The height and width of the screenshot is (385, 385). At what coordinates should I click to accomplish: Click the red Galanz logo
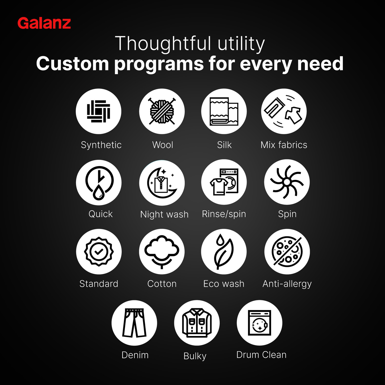[x=44, y=23]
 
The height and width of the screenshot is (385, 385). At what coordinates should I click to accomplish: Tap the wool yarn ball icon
[x=162, y=111]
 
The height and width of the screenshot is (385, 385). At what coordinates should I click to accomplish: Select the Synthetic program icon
[x=99, y=111]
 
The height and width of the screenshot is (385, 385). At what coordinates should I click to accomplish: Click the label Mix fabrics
[x=284, y=145]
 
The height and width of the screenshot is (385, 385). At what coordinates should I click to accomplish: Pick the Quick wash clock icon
[x=99, y=182]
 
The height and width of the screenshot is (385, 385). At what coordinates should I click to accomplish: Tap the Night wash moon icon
[x=162, y=183]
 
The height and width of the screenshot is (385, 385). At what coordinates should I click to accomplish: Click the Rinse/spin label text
[x=224, y=214]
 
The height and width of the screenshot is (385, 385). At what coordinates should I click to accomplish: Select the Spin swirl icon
[x=287, y=182]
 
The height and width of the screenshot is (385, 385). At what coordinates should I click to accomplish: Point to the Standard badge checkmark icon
[x=99, y=252]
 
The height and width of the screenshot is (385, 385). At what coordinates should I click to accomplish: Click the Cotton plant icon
[x=162, y=252]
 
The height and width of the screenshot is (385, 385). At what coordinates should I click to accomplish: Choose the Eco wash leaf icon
[x=224, y=252]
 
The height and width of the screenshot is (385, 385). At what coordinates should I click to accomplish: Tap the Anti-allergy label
[x=287, y=284]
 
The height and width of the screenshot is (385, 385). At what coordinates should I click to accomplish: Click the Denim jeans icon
[x=134, y=323]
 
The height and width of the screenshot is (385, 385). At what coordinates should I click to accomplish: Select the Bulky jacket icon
[x=197, y=323]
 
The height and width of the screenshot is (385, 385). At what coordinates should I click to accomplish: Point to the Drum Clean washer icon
[x=259, y=323]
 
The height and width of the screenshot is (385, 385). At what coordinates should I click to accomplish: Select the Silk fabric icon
[x=224, y=111]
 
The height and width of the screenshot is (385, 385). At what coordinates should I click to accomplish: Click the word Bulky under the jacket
[x=195, y=356]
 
